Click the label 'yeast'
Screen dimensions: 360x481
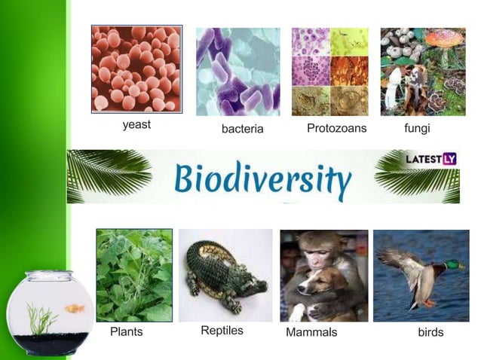point(136,125)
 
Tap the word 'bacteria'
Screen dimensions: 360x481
point(242,130)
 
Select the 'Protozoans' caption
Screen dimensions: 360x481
point(336,128)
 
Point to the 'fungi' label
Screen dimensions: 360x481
point(417,128)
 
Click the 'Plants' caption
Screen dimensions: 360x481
point(126,331)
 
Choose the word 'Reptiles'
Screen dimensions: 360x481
point(222,331)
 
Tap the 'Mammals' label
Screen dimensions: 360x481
point(311,332)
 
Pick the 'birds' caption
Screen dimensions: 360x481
point(430,332)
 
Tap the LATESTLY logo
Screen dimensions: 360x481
point(431,159)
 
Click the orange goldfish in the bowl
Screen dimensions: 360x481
point(75,308)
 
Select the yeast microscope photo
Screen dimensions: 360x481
point(136,69)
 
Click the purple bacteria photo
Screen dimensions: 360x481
point(237,72)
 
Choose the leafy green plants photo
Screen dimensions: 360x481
point(134,275)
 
